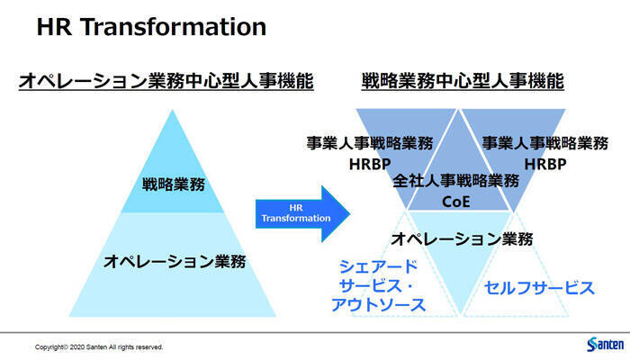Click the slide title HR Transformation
(x=151, y=27)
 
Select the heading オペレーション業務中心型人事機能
(x=166, y=82)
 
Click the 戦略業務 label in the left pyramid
(x=174, y=185)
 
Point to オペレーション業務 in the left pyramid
(x=174, y=261)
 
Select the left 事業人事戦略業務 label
(x=369, y=143)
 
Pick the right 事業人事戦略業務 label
(x=544, y=143)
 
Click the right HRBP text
(x=544, y=165)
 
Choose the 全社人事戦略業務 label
(x=456, y=181)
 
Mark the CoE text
(x=456, y=202)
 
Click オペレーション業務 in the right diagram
(x=462, y=239)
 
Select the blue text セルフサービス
(x=540, y=288)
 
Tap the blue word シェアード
(x=379, y=266)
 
